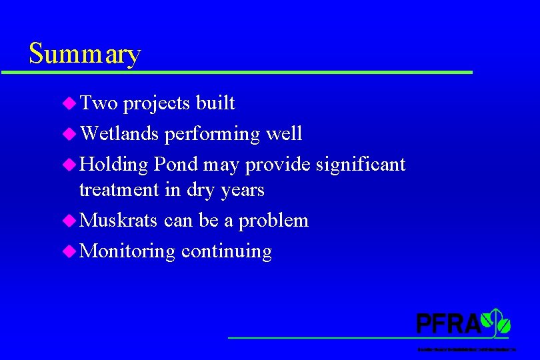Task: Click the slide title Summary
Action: (85, 53)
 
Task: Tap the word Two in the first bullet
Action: (98, 103)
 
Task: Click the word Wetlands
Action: (119, 133)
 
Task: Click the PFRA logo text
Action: (448, 324)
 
